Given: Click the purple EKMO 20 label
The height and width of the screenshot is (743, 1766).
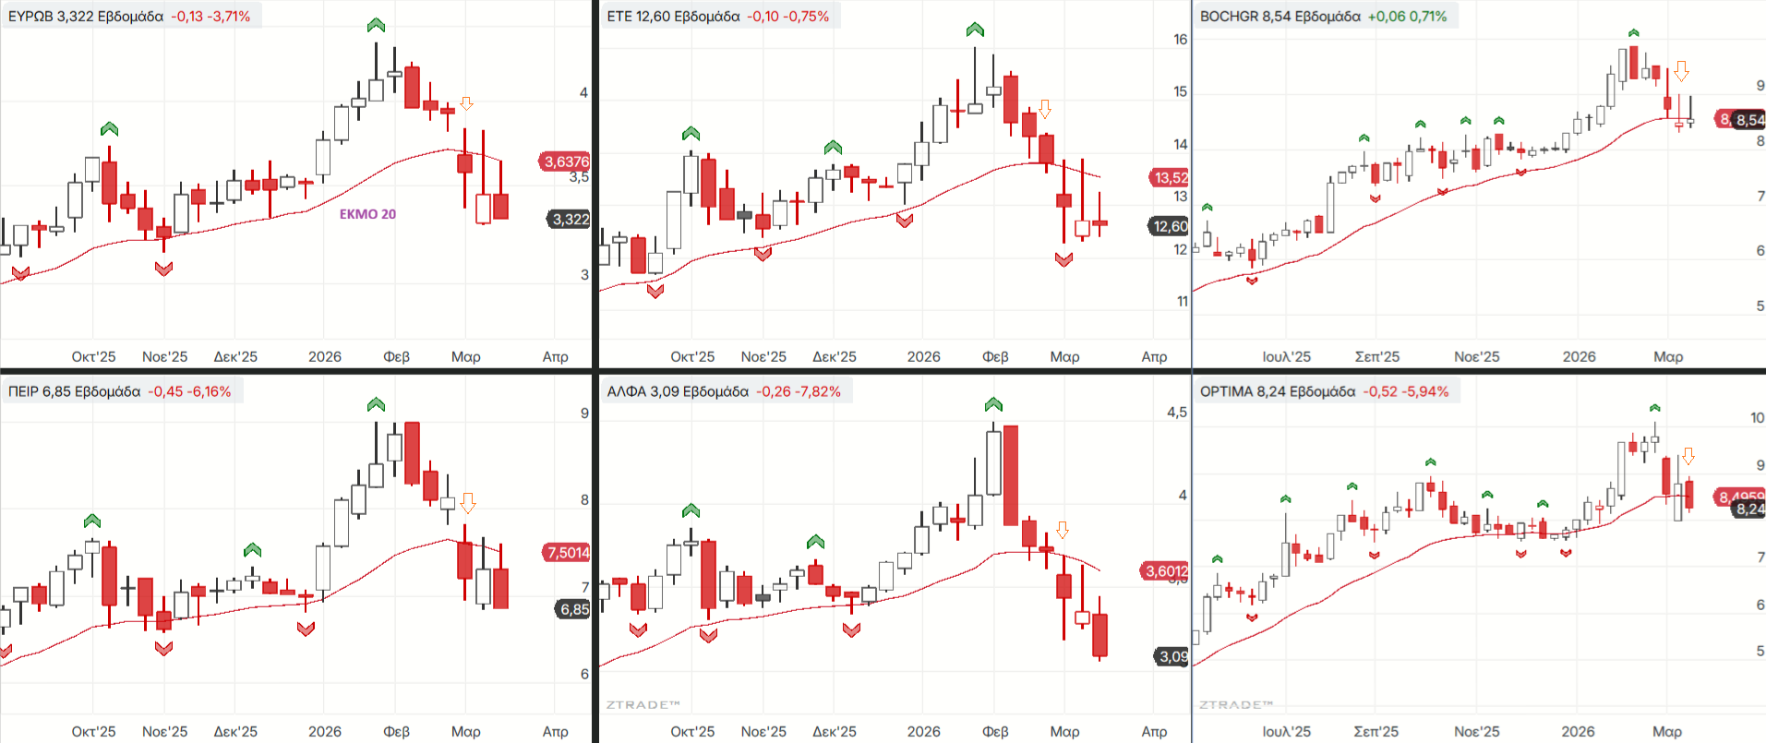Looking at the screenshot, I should click(367, 214).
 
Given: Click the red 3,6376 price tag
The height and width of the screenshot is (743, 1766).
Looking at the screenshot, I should click(566, 162).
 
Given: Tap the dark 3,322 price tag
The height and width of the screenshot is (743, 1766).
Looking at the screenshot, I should click(570, 219).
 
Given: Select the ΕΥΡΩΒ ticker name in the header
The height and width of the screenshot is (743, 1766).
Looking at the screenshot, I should click(30, 17).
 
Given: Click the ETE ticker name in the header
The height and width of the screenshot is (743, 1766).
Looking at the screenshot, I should click(619, 17).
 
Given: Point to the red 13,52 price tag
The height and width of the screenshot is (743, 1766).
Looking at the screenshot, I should click(1170, 177).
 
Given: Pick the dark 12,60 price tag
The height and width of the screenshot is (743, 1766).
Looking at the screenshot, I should click(1170, 226).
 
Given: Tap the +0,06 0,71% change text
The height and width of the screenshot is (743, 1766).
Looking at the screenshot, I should click(1407, 17).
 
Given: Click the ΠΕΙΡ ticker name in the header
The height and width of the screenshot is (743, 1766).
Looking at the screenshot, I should click(23, 391).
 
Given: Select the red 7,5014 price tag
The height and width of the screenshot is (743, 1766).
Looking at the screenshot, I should click(567, 552).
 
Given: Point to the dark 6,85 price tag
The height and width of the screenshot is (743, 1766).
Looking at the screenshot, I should click(573, 609).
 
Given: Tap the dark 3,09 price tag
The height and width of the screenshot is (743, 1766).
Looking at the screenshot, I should click(1173, 656).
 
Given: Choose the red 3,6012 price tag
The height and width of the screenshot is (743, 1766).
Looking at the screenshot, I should click(1167, 571).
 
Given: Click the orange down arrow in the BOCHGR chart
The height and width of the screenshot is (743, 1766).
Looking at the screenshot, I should click(1681, 71).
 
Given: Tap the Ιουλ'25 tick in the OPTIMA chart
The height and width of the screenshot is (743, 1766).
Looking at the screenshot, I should click(1286, 731).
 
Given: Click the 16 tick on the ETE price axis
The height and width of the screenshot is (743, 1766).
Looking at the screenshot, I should click(1181, 40).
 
